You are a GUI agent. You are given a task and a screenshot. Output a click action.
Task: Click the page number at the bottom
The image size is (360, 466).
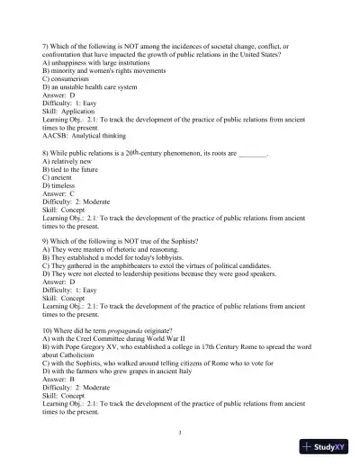[180, 432]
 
